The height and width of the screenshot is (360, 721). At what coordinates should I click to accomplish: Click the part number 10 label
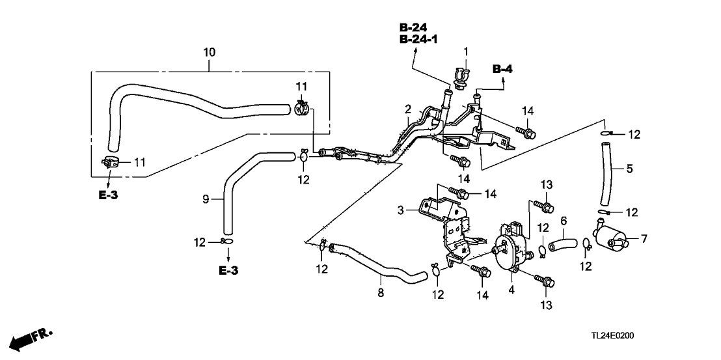point(209,51)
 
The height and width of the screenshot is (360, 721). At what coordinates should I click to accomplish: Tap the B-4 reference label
point(502,69)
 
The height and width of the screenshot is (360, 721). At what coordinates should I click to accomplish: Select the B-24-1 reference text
point(418,40)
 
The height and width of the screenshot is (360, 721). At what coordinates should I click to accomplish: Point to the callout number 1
point(466,51)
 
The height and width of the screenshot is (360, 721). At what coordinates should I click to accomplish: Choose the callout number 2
point(408,108)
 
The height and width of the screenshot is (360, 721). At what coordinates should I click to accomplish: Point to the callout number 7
point(644,240)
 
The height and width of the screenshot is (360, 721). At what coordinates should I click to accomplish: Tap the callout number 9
point(206,200)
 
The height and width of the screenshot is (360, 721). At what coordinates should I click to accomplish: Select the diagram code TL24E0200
point(613,336)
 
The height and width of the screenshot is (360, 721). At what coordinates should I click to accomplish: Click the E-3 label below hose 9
point(229,270)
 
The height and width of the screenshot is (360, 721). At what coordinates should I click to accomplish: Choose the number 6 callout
point(564,221)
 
